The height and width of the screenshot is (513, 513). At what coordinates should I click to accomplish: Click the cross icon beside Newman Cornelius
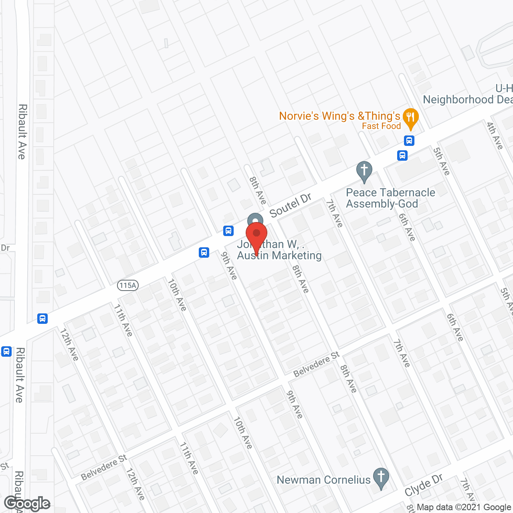[x=381, y=477]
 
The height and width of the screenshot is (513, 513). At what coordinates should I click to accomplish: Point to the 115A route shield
[x=128, y=285]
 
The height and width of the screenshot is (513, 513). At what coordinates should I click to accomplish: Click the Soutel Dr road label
[x=291, y=206]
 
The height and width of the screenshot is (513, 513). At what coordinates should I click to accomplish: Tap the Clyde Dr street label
[x=424, y=485]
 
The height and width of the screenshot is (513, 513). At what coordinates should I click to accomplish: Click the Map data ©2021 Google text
[x=464, y=507]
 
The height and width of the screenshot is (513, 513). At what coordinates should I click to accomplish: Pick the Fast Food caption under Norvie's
[x=381, y=126]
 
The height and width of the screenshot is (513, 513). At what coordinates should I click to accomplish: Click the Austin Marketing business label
[x=279, y=255]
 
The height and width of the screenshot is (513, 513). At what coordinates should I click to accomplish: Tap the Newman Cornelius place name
[x=323, y=480]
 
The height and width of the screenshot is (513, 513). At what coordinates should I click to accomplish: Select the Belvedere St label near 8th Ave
[x=316, y=364]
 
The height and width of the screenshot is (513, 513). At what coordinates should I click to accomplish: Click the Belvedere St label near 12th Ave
[x=104, y=467]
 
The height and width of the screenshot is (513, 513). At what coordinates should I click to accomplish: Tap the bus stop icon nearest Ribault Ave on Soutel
[x=42, y=319]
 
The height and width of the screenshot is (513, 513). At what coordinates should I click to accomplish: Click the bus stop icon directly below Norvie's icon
[x=409, y=141]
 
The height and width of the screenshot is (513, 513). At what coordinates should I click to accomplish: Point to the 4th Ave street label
[x=495, y=135]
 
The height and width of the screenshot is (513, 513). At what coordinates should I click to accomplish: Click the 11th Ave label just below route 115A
[x=123, y=320]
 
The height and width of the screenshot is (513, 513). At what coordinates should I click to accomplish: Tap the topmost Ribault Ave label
[x=22, y=131]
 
